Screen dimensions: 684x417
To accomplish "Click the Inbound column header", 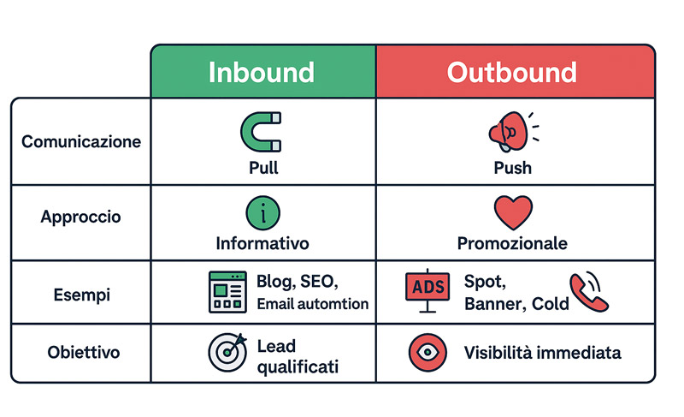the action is point(262,72).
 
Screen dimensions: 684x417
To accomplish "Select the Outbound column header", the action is point(512,72).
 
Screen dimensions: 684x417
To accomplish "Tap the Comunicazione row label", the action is point(81,141).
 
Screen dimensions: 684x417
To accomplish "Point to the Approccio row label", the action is point(80,217).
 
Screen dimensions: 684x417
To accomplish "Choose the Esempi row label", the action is point(81,295).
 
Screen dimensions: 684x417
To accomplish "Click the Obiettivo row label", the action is point(83,352).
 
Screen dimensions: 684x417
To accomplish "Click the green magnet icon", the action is point(261,132).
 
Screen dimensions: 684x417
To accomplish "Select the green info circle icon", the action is point(263,213).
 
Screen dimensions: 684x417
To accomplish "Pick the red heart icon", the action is point(513,212).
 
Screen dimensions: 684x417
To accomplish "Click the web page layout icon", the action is point(227,292).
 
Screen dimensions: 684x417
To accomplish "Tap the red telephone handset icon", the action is point(589,292).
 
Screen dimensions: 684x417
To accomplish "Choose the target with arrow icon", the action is point(227,352).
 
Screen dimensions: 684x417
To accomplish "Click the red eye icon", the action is point(427,353).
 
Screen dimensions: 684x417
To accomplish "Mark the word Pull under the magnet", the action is point(263,168).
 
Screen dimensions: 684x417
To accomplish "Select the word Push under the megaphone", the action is point(512,168).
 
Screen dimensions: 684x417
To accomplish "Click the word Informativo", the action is point(262,243).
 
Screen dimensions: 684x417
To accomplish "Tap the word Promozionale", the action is point(512,243).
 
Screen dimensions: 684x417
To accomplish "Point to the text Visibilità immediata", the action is point(542,353).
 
